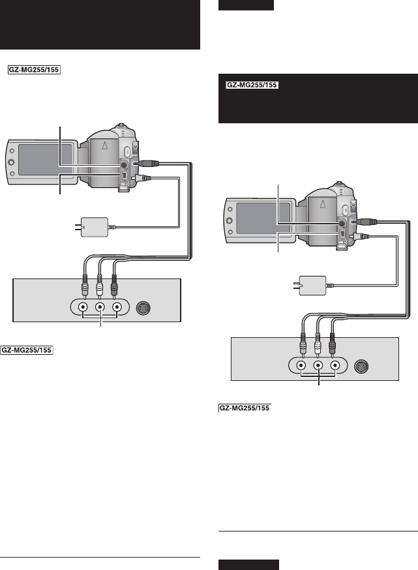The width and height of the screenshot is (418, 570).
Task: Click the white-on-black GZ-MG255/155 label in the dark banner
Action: tap(251, 85)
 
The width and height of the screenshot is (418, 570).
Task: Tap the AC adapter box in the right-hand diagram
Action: tap(312, 285)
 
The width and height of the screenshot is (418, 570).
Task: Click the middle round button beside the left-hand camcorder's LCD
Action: tap(11, 162)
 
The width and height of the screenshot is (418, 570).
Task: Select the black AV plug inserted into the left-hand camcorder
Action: tap(146, 164)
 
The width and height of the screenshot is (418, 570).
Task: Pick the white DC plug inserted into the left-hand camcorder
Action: tap(144, 177)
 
